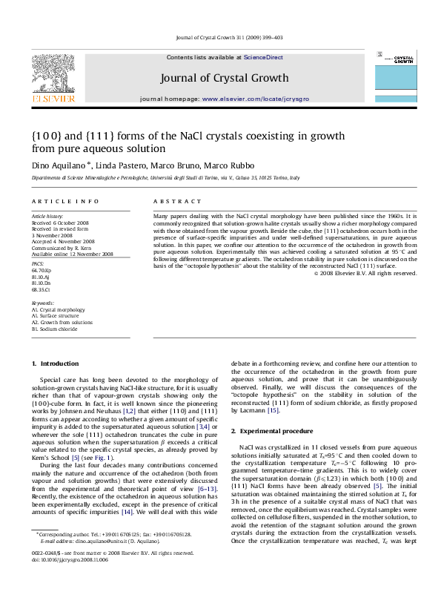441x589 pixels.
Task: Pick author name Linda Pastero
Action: click(x=121, y=164)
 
